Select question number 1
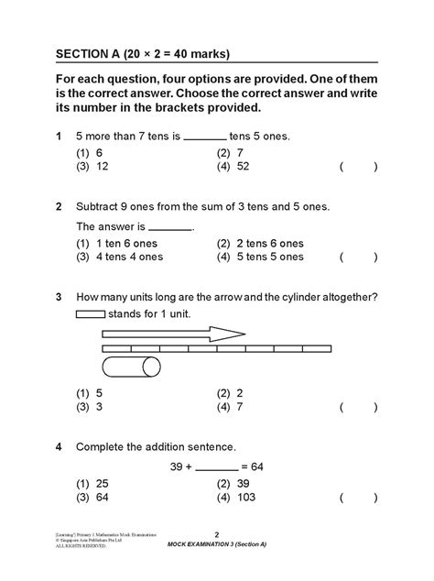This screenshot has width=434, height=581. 58,137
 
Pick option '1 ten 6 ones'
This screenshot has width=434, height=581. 119,244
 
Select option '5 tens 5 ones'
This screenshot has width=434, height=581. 260,257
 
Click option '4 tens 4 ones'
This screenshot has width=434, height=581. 119,257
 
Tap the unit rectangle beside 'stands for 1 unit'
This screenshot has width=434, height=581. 90,313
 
